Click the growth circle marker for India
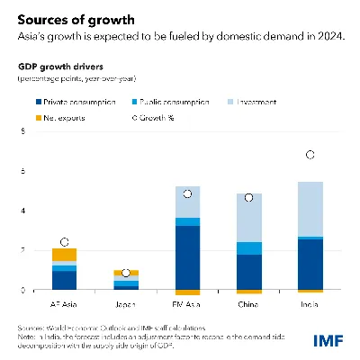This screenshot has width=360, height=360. click(x=310, y=155)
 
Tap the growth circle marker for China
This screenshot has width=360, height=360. click(x=249, y=197)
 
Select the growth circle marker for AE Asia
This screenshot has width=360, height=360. click(x=64, y=241)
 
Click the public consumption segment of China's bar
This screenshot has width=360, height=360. click(x=249, y=247)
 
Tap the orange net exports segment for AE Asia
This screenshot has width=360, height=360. click(x=64, y=254)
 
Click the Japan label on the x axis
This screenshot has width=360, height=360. click(x=125, y=303)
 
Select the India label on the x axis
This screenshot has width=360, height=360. click(x=310, y=303)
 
